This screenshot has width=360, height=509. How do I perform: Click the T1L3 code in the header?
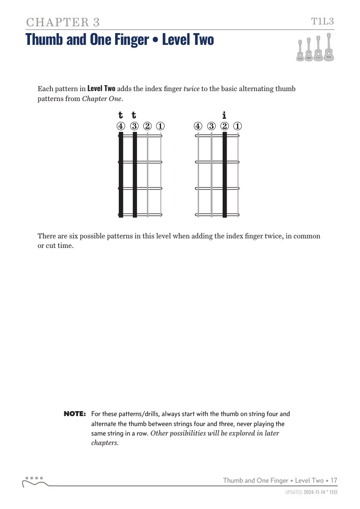pos(322,21)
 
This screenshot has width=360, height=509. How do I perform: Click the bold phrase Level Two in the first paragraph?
pos(101,89)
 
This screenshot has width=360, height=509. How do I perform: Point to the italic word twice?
pos(191,89)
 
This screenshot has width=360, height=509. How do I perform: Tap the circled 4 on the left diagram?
pos(121,126)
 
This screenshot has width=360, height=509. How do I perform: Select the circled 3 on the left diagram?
pos(134,126)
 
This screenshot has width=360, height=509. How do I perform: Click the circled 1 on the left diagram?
pos(161,126)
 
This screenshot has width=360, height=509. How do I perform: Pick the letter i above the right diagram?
pos(224,115)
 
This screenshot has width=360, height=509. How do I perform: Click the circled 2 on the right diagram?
pos(224,126)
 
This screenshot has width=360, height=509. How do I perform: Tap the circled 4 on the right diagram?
pos(198,126)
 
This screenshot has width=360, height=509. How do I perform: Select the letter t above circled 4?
pos(121,115)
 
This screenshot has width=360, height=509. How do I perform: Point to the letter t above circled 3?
pos(134,115)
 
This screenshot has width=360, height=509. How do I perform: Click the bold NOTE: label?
pos(75,414)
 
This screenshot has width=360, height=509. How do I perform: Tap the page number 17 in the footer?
pos(334,480)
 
